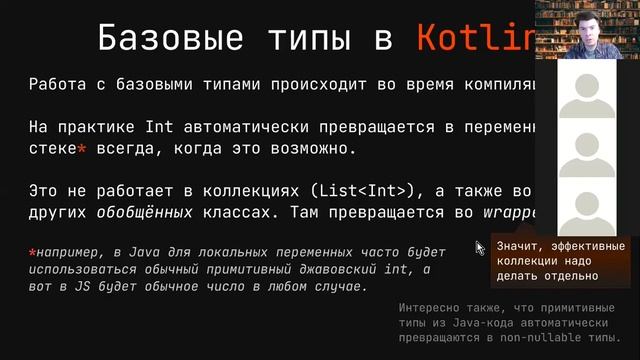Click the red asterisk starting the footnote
33,251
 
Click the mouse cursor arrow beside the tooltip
481,248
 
